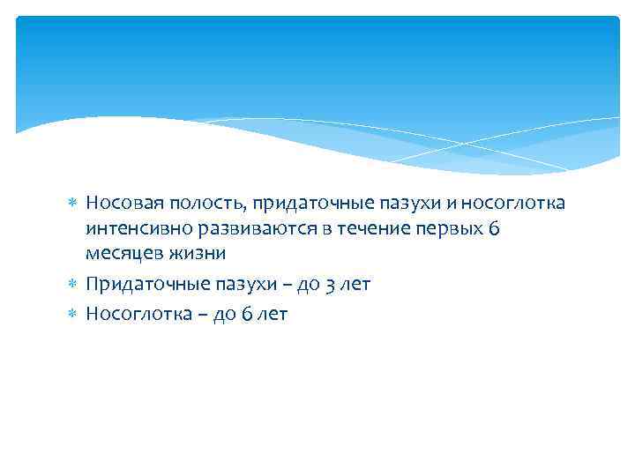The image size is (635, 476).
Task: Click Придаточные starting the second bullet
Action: pos(136,284)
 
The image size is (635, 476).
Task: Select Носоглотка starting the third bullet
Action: pos(132,315)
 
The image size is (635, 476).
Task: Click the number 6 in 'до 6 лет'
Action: pos(250,315)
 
